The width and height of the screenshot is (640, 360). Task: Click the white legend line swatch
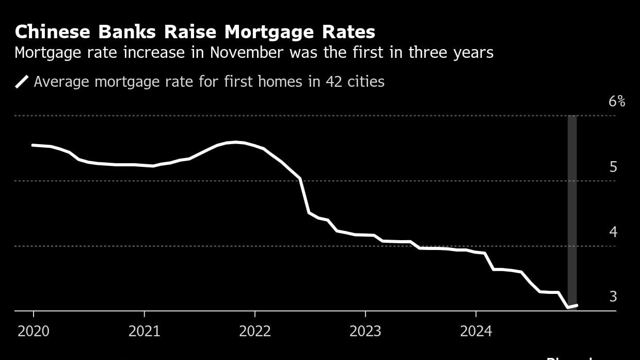point(22,82)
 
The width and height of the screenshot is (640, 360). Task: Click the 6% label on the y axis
point(616,101)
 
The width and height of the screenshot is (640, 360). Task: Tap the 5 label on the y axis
point(613,167)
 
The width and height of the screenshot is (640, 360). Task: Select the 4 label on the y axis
point(613,232)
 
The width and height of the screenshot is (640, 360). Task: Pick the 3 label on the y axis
point(613,296)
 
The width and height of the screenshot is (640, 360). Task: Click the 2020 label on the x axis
point(34,331)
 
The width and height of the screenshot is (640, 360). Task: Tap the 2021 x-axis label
point(144,331)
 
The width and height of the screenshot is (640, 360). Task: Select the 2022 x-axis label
point(255,331)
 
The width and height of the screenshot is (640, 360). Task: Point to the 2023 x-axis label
point(365,331)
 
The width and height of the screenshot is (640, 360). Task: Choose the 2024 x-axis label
point(476,331)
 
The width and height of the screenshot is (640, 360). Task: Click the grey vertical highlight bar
point(572,207)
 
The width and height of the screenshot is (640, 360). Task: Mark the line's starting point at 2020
point(33,145)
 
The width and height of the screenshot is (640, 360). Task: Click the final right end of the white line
point(577,305)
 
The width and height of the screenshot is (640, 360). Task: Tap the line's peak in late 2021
point(236,142)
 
